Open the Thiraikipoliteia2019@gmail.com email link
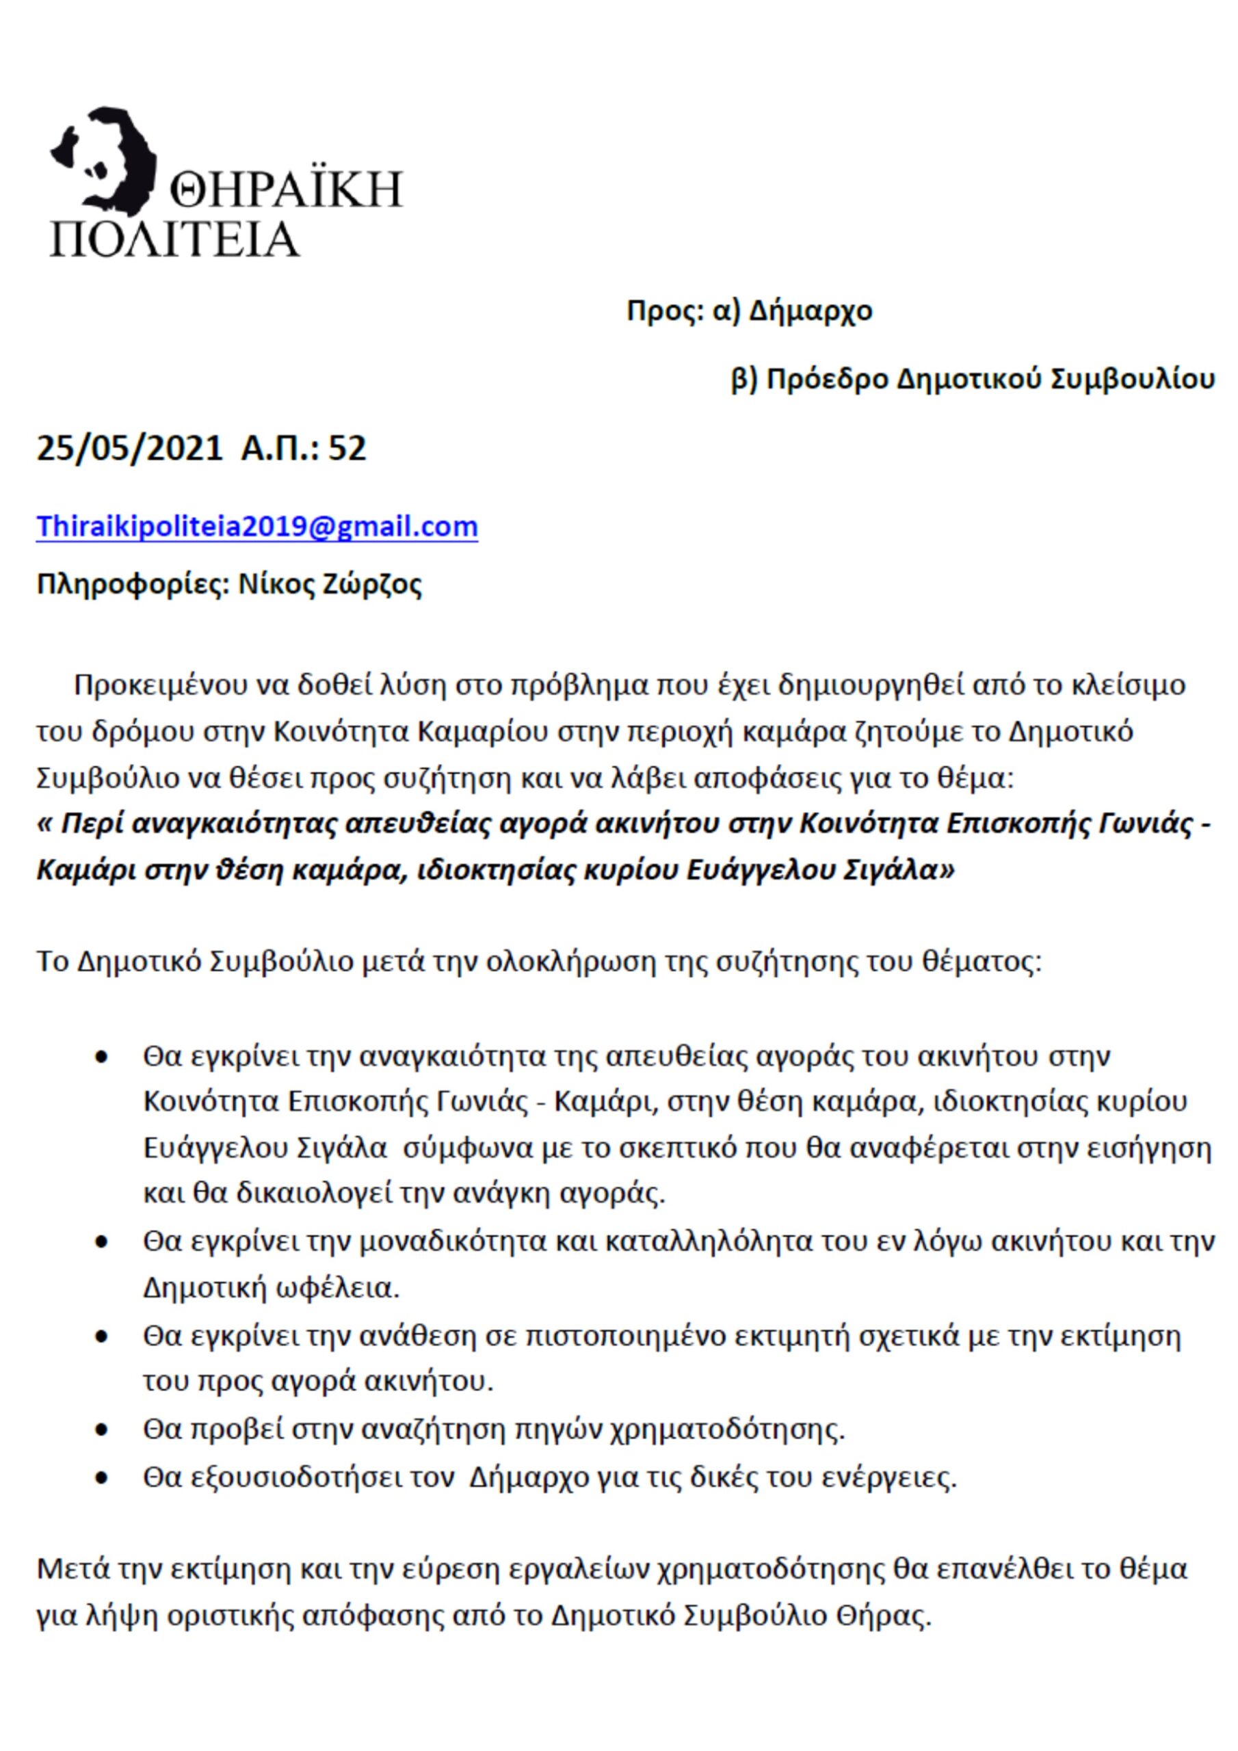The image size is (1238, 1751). point(257,527)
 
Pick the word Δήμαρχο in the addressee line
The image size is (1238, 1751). point(810,312)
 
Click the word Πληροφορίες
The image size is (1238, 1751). point(133,585)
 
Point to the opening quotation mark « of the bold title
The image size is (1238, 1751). point(44,824)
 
